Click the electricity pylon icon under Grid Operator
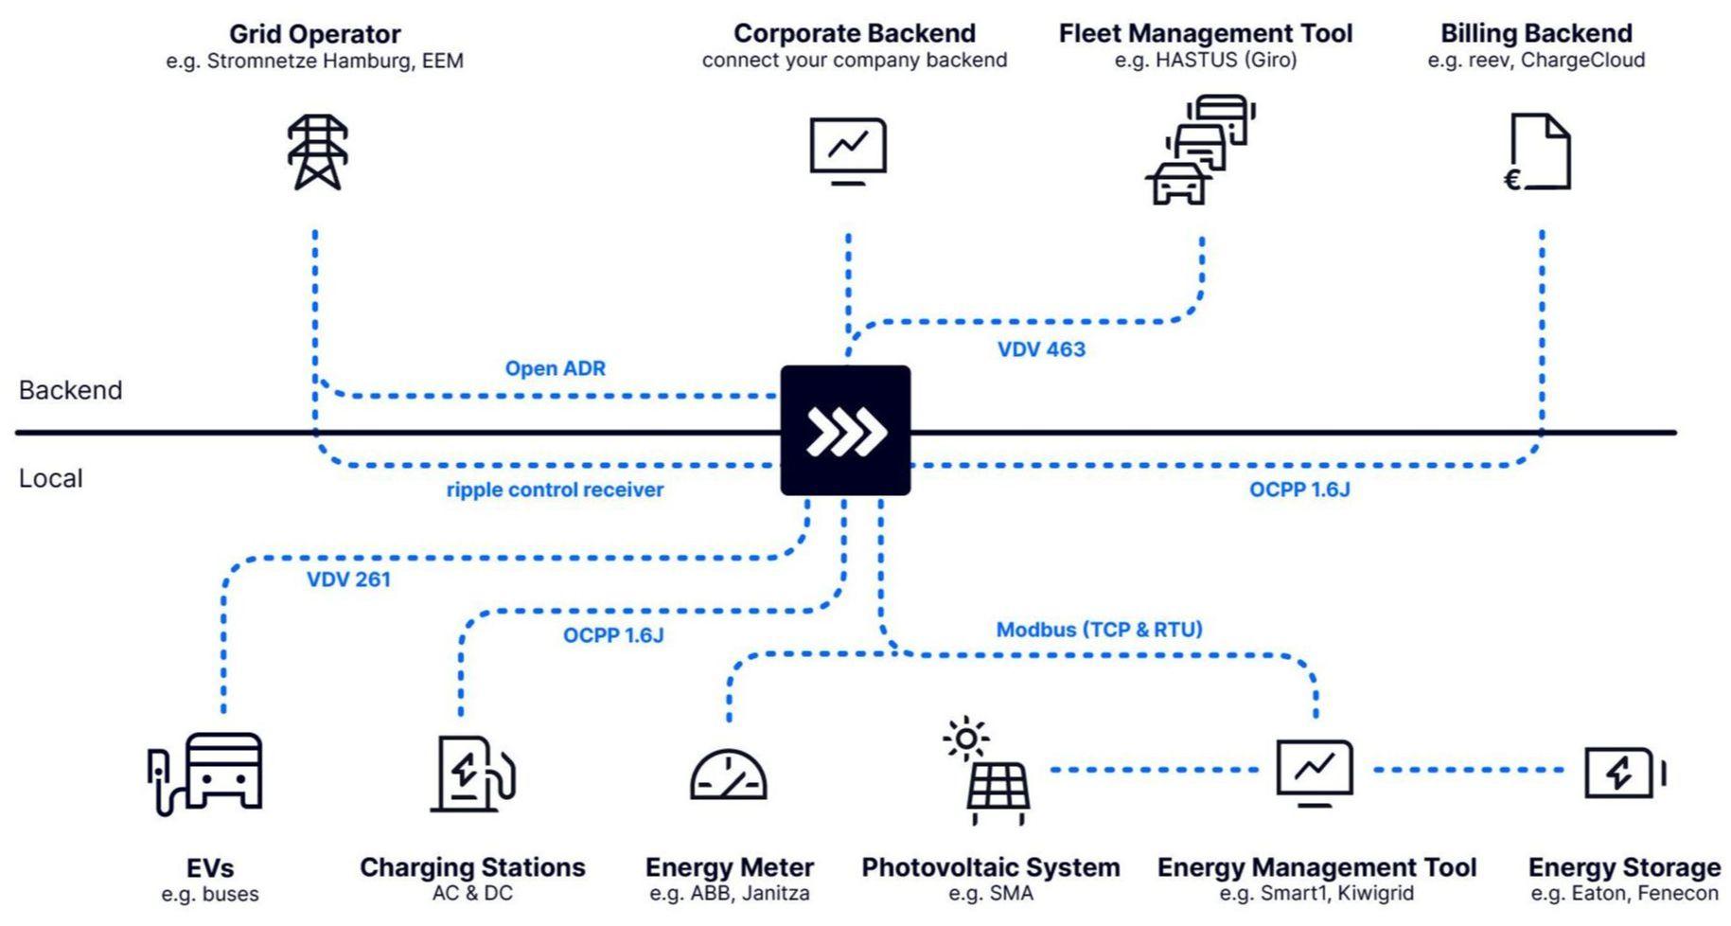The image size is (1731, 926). [318, 151]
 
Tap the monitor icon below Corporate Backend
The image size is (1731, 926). [848, 150]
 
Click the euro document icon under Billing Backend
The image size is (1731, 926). [1539, 151]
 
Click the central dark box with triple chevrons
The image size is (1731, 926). [845, 431]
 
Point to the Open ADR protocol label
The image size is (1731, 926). [555, 368]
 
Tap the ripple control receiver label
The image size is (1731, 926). [555, 490]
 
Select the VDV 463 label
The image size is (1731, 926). [1041, 349]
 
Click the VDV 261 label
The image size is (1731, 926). [348, 579]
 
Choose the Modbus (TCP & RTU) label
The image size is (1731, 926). [1099, 630]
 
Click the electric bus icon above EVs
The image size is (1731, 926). [206, 773]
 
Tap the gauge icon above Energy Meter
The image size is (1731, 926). [728, 775]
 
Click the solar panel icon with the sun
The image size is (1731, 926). [988, 771]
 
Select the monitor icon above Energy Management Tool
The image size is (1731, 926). [1315, 772]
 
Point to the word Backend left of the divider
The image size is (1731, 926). [71, 390]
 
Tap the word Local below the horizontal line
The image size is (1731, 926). [51, 478]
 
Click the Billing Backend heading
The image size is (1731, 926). [1536, 33]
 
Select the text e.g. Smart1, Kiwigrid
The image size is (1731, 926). [1316, 893]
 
